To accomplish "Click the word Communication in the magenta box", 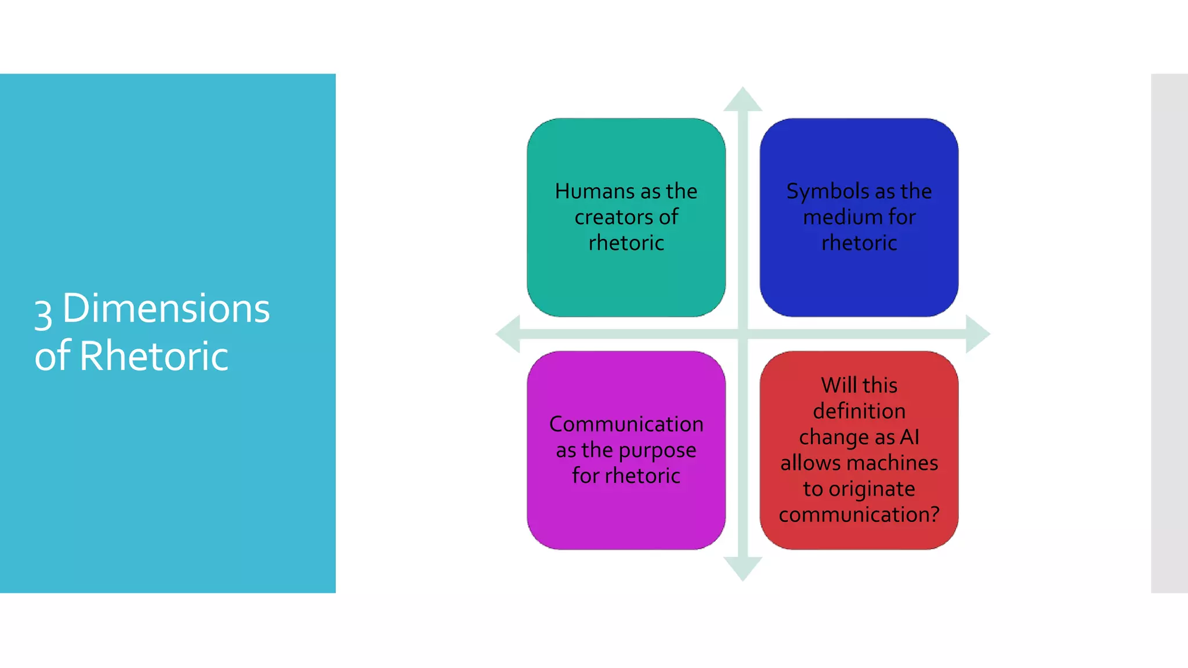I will [626, 424].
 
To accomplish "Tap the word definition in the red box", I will [859, 411].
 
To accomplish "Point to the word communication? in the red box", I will [859, 515].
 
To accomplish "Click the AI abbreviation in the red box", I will [910, 437].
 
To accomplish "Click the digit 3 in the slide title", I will [44, 313].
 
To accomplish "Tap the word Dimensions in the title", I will [166, 308].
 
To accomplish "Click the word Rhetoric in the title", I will [154, 355].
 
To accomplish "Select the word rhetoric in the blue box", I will [859, 243].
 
